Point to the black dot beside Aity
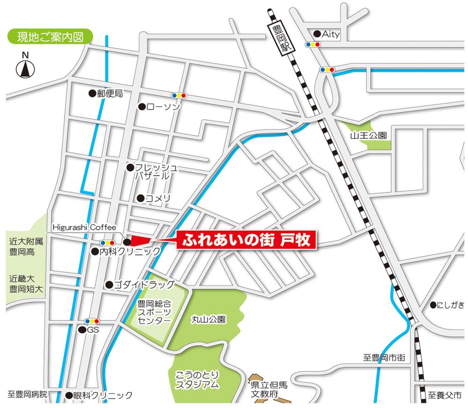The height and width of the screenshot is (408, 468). [x=317, y=34]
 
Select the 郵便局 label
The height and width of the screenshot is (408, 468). [x=110, y=93]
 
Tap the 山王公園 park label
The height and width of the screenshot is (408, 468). [x=368, y=136]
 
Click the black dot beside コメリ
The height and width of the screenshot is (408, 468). [x=140, y=198]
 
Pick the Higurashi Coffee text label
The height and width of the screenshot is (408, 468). [x=84, y=227]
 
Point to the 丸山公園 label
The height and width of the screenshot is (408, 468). [x=209, y=320]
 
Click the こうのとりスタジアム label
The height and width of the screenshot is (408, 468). [x=197, y=379]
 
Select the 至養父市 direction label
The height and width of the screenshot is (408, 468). [x=445, y=394]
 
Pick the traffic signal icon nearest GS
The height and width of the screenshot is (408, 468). [x=92, y=321]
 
